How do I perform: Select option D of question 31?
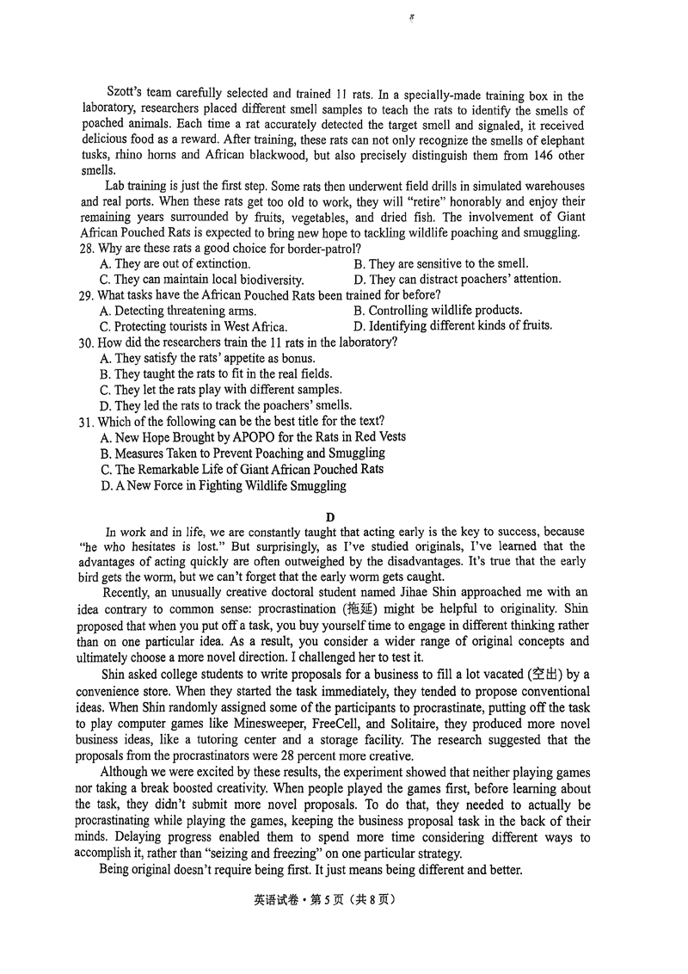pos(223,485)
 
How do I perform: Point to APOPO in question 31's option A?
pos(247,437)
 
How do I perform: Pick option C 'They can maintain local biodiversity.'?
pos(201,280)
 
